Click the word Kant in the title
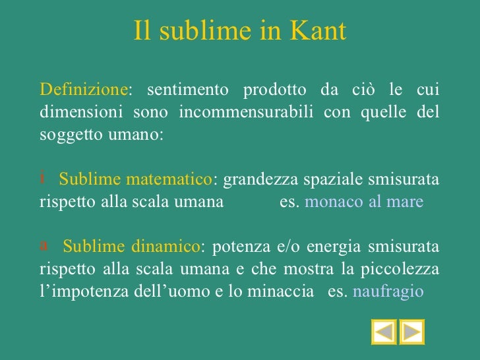[x=321, y=31]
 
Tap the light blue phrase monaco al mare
[x=364, y=202]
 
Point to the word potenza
[x=238, y=247]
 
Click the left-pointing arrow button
[x=384, y=332]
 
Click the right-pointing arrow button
[x=412, y=332]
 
